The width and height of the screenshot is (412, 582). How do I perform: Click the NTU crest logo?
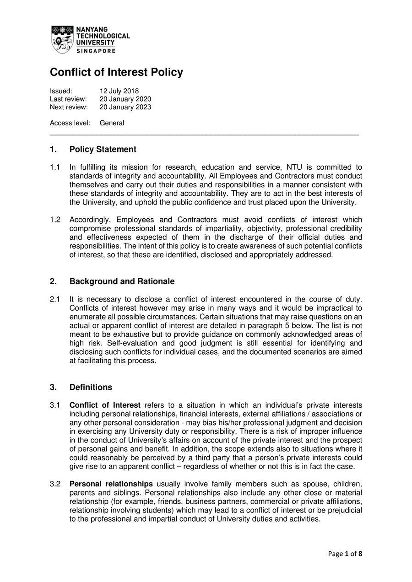[62, 39]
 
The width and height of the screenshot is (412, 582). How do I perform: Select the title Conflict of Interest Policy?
[116, 72]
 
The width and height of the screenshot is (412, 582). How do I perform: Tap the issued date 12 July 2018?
[119, 91]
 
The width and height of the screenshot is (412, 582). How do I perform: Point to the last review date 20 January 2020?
[125, 99]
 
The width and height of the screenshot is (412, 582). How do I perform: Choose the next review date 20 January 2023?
[125, 108]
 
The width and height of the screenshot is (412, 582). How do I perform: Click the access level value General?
[112, 123]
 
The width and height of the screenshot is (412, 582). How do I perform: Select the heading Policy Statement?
[103, 149]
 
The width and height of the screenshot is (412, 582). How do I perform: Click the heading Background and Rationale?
[122, 281]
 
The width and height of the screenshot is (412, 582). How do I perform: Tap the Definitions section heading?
[91, 387]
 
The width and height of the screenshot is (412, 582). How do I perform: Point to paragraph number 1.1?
[55, 167]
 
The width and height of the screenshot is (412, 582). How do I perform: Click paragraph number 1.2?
[55, 220]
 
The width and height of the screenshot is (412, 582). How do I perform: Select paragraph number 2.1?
[55, 299]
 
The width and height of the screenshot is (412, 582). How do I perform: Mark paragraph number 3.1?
[55, 405]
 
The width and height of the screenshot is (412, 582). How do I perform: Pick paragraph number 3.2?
[55, 484]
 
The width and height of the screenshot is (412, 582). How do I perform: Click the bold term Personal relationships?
[111, 484]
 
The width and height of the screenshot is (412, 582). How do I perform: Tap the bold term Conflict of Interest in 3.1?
[105, 405]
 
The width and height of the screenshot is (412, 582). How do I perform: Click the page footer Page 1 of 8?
[345, 554]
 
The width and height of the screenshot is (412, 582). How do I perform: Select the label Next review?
[69, 108]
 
